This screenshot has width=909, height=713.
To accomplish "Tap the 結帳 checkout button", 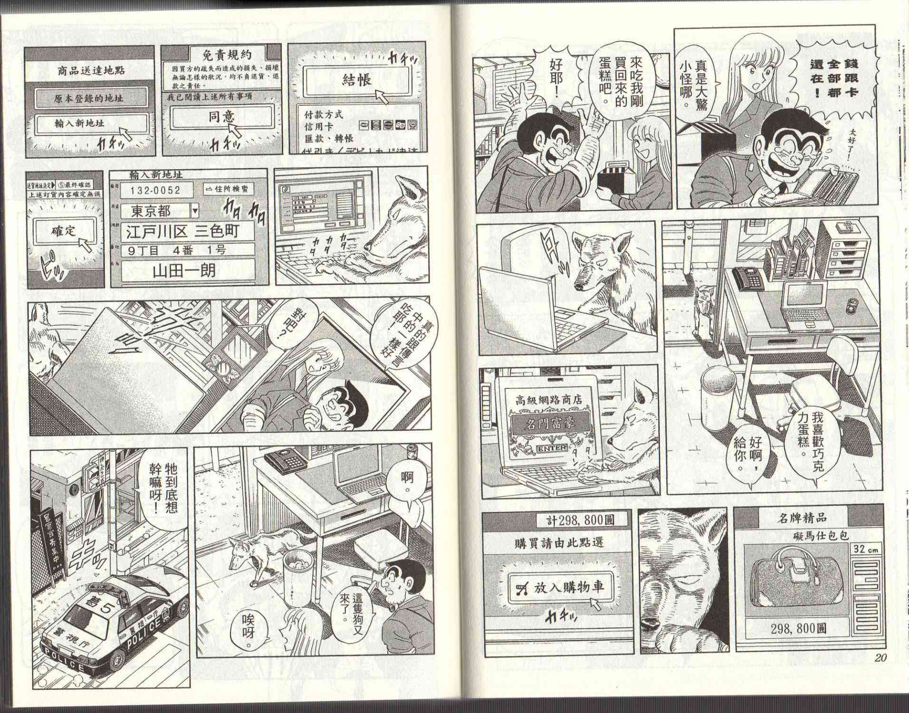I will point(356,80).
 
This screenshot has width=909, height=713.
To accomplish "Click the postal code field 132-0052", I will point(156,190).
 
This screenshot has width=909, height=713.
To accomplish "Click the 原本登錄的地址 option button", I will point(89,98).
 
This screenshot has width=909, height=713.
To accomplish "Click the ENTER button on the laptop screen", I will point(551,448).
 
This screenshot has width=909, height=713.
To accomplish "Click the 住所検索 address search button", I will point(227,189).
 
